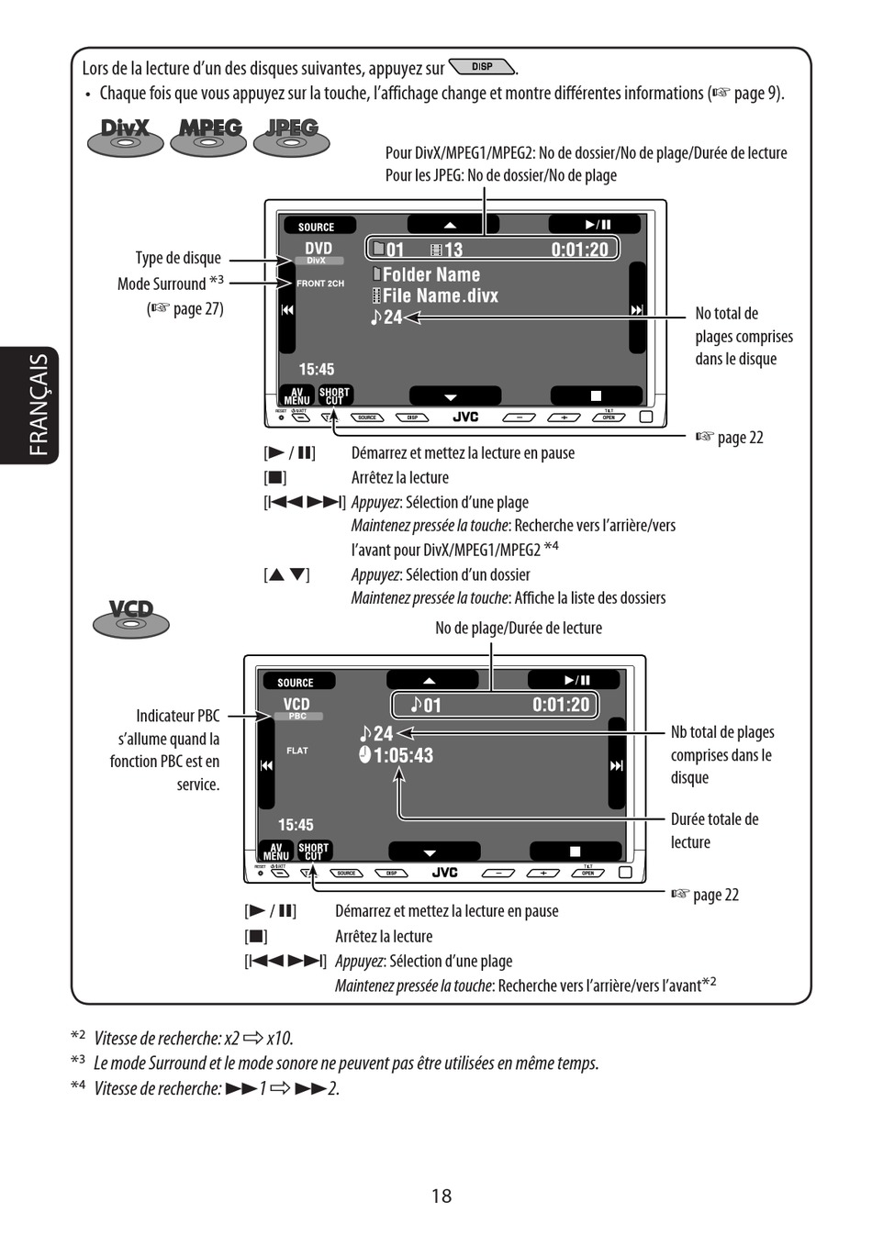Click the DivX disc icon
[125, 137]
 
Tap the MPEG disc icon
[209, 137]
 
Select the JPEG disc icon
[291, 137]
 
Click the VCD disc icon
[131, 618]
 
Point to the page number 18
[442, 1196]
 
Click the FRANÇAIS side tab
[38, 405]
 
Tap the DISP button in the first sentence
[482, 67]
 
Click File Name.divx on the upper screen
[440, 295]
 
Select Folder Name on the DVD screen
[430, 274]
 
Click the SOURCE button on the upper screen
[316, 227]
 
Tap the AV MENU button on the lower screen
[276, 852]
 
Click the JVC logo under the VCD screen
[444, 873]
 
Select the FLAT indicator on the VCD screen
[297, 751]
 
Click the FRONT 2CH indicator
[320, 284]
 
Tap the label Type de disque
[178, 258]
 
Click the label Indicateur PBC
[178, 716]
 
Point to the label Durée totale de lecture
[714, 830]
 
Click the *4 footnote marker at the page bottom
[78, 1086]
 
